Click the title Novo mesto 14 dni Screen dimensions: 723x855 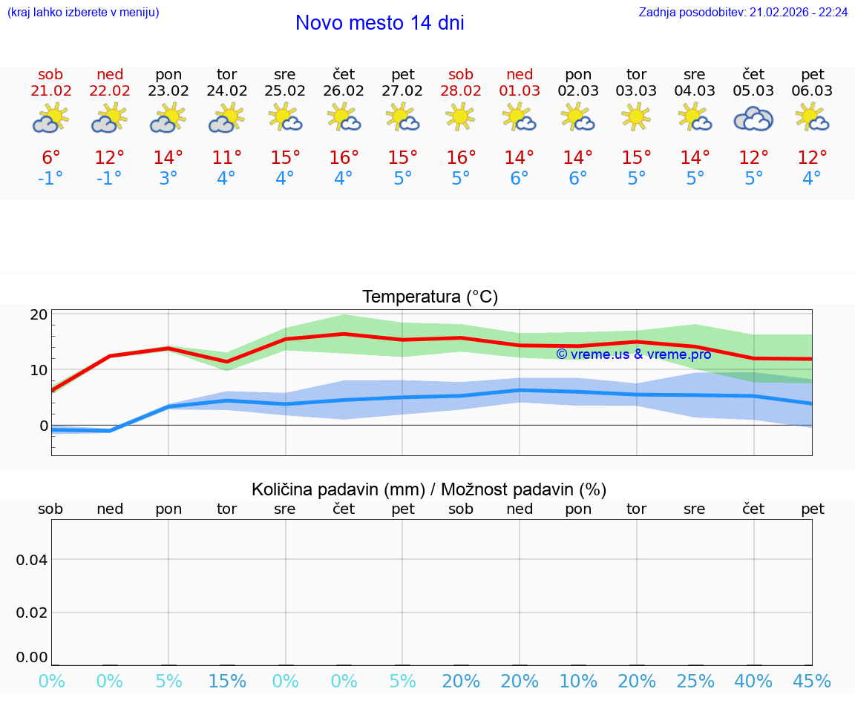(x=379, y=23)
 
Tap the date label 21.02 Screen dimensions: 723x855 (x=50, y=91)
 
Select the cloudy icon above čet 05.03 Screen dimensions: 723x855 (x=753, y=119)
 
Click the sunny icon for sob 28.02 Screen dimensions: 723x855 (x=460, y=117)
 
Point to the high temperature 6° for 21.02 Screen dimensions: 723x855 (x=50, y=158)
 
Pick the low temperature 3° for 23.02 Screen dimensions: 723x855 (x=168, y=179)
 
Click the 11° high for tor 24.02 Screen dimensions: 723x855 (x=226, y=158)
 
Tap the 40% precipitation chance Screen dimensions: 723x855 (x=753, y=681)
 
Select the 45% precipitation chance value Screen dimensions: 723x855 (x=812, y=681)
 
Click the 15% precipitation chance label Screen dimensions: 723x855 (x=227, y=681)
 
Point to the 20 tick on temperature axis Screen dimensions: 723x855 (x=39, y=314)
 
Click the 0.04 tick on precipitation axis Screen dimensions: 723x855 (x=32, y=560)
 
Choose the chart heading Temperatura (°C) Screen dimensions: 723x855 (x=430, y=297)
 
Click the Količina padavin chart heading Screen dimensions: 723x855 (x=429, y=489)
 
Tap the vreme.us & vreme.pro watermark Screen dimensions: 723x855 (x=634, y=354)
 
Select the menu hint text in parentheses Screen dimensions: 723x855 (x=83, y=13)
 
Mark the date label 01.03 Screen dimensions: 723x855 (x=520, y=91)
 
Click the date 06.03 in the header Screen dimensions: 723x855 (x=812, y=91)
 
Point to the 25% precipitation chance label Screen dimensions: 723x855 (x=695, y=681)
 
